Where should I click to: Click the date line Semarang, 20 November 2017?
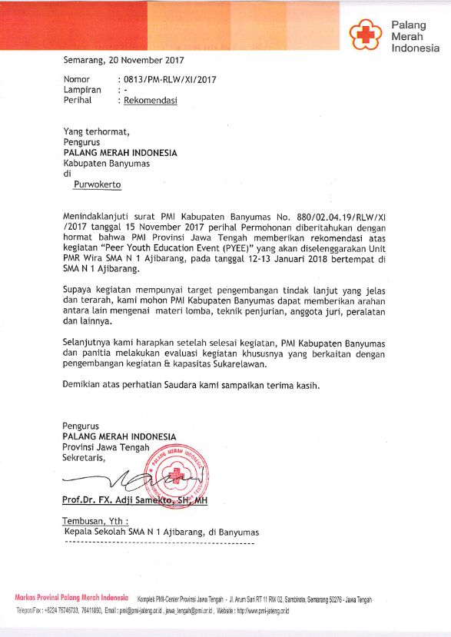point(124,60)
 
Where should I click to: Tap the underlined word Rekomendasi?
point(148,100)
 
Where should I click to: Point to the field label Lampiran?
point(81,90)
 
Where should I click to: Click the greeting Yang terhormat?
point(97,131)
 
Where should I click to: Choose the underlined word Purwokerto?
point(98,184)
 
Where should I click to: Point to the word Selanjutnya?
point(89,340)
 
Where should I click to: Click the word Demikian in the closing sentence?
point(82,385)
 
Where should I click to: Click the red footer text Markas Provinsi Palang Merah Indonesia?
point(71,598)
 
